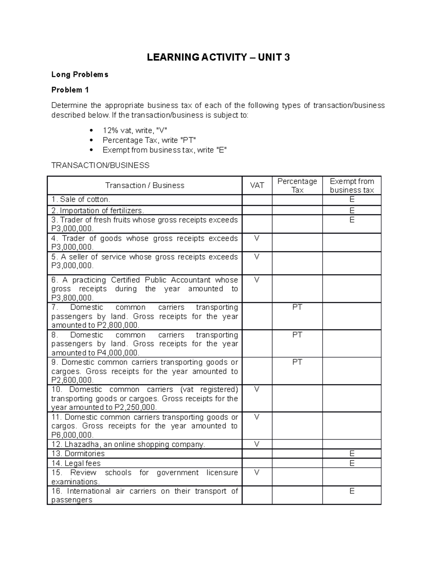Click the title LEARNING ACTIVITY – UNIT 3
tap(218, 57)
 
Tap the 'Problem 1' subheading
tap(70, 90)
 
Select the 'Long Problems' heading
tap(80, 75)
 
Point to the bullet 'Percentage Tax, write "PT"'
tap(149, 140)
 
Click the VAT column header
tap(257, 186)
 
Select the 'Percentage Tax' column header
tap(297, 186)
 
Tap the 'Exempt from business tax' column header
tap(352, 186)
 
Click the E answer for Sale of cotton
tap(352, 199)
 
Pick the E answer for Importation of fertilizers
tap(352, 210)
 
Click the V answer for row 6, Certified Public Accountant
tap(257, 280)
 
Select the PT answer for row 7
tap(297, 307)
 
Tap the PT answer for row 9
tap(297, 362)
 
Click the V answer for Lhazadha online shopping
tap(257, 444)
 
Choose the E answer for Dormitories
tap(352, 454)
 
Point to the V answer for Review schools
tap(257, 473)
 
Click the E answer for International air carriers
tap(352, 491)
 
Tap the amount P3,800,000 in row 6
tap(72, 298)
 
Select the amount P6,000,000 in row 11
tap(72, 435)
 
